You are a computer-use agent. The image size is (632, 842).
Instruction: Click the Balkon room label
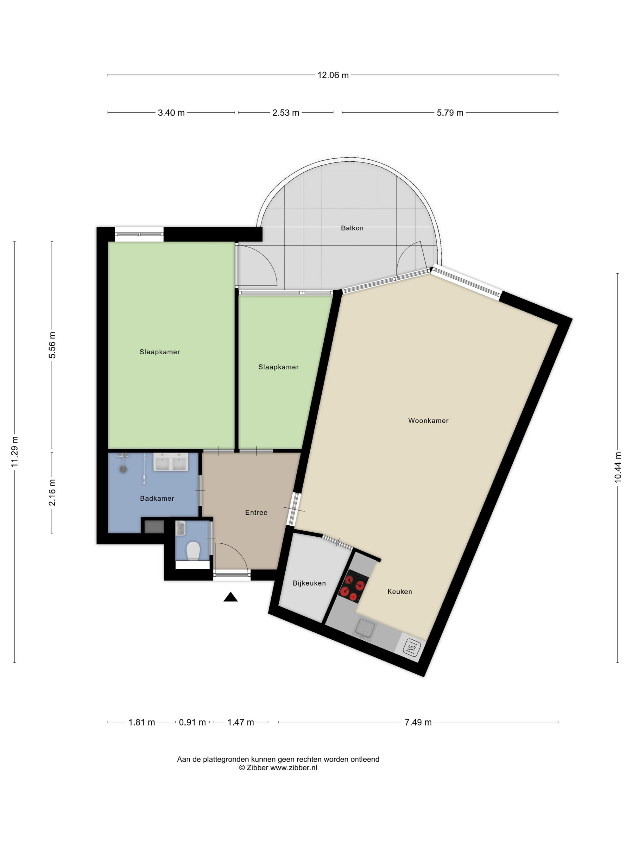pos(352,228)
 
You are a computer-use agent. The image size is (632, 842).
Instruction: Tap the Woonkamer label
pos(428,421)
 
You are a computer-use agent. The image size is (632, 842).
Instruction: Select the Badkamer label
pos(157,498)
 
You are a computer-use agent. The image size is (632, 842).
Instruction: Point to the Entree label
pos(256,512)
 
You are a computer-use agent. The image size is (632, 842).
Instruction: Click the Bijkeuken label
pos(309,583)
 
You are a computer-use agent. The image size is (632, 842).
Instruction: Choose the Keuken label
pos(400,592)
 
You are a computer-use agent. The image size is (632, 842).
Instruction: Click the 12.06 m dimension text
pos(333,75)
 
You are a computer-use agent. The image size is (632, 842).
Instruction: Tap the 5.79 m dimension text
pos(450,113)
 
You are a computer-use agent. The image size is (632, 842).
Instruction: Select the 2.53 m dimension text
pos(286,113)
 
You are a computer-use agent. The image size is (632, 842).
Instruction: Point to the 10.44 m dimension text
pos(617,468)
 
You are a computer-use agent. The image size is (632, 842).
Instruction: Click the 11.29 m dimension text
pos(15,452)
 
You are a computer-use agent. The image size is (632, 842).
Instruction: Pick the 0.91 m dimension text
pos(192,722)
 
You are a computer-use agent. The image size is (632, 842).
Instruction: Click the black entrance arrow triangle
pos(230,597)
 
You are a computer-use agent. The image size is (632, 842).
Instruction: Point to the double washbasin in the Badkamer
pos(171,462)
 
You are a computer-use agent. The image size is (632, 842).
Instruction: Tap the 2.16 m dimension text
pos(52,493)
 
